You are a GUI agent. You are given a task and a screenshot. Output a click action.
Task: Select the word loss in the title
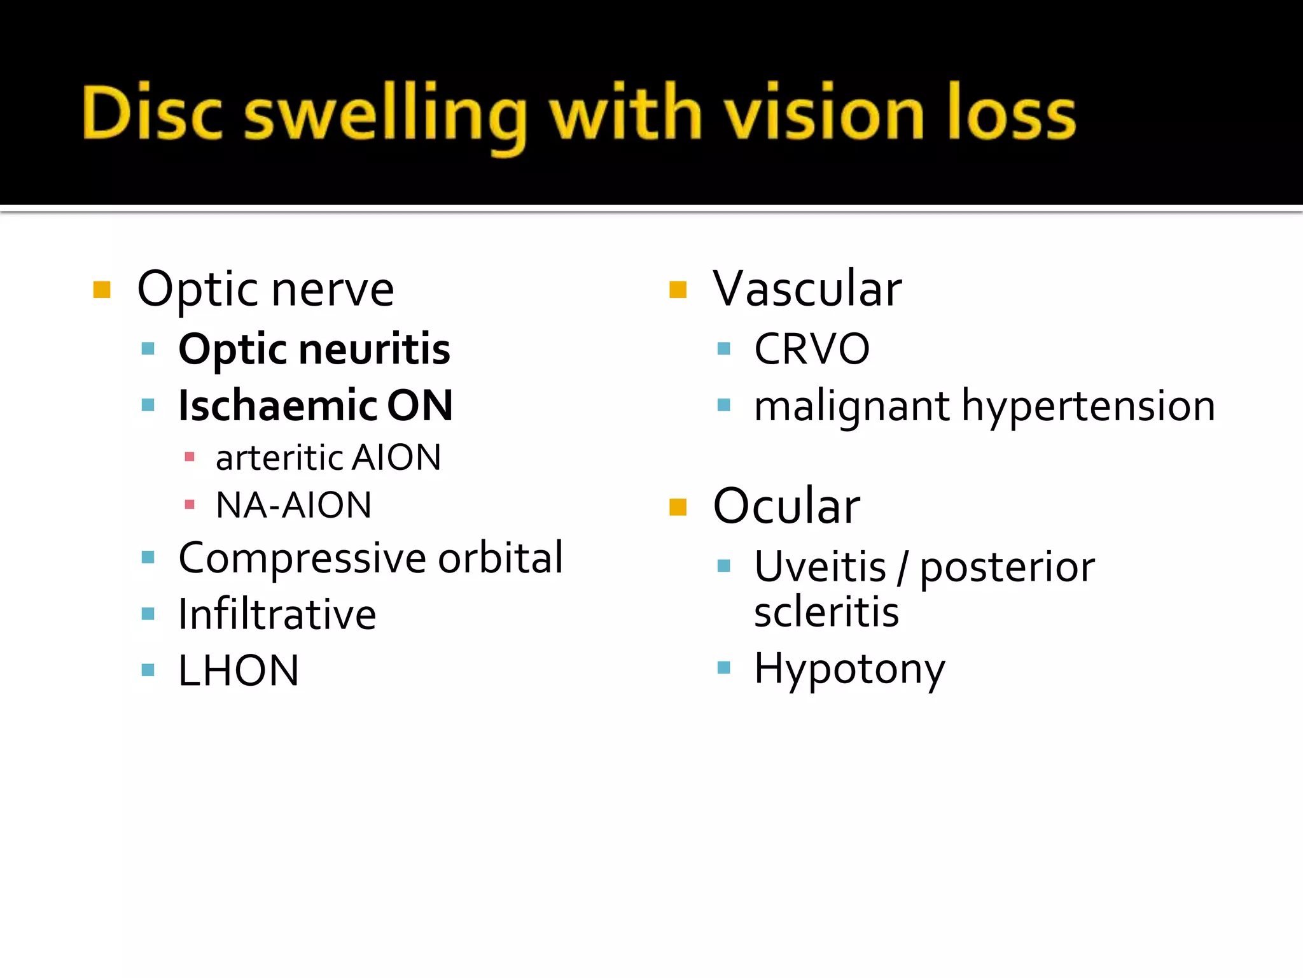pyautogui.click(x=1012, y=113)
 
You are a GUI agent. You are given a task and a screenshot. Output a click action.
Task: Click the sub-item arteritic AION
pyautogui.click(x=328, y=457)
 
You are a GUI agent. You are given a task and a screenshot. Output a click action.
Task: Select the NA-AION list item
pyautogui.click(x=293, y=505)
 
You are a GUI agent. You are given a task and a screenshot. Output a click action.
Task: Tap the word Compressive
pyautogui.click(x=302, y=558)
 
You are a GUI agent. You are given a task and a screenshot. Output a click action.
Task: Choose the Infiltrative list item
pyautogui.click(x=277, y=614)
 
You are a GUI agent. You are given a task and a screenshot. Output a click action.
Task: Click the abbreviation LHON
pyautogui.click(x=239, y=670)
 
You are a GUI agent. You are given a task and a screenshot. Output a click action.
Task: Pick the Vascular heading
pyautogui.click(x=807, y=289)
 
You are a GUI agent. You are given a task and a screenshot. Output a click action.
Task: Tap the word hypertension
pyautogui.click(x=1088, y=406)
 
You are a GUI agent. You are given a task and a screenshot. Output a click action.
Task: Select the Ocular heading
pyautogui.click(x=787, y=506)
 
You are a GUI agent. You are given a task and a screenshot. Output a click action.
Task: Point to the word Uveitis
pyautogui.click(x=820, y=566)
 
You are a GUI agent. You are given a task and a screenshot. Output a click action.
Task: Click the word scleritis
pyautogui.click(x=826, y=612)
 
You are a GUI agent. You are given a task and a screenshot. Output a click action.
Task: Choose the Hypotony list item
pyautogui.click(x=849, y=669)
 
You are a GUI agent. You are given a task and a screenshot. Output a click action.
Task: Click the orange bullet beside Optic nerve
pyautogui.click(x=102, y=290)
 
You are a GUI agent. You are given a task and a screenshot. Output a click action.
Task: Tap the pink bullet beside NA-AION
pyautogui.click(x=189, y=505)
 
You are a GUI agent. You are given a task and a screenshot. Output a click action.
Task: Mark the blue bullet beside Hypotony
pyautogui.click(x=723, y=667)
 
